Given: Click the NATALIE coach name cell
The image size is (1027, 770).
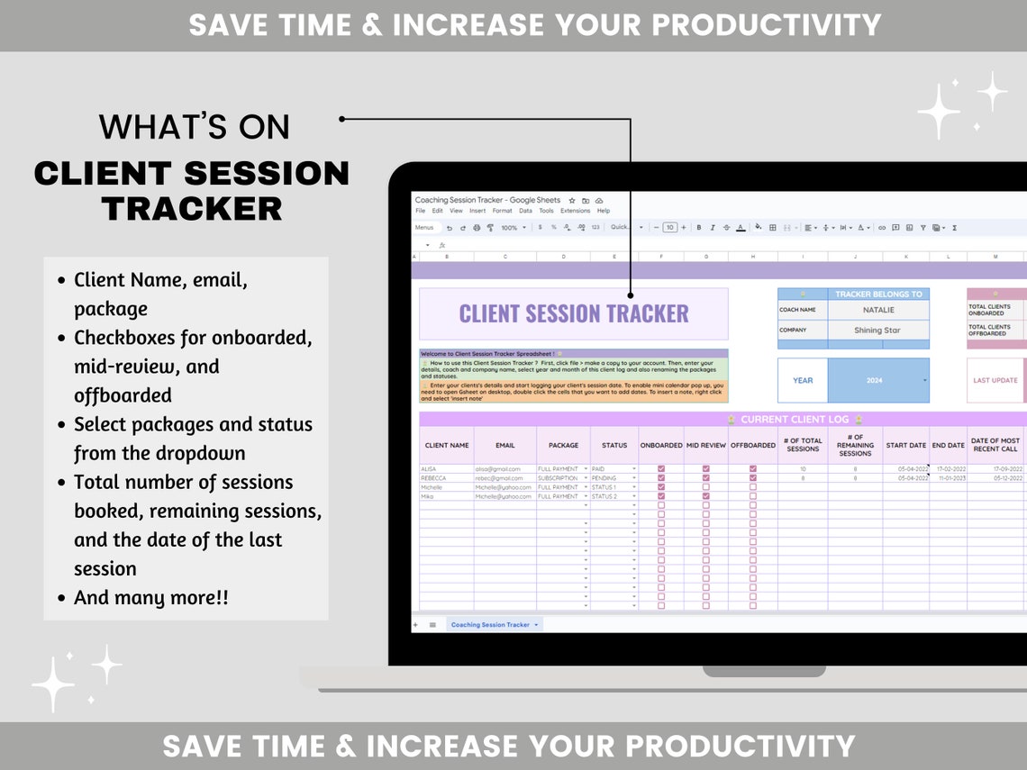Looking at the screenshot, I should [x=877, y=310].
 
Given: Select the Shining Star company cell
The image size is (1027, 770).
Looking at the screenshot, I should [x=877, y=331].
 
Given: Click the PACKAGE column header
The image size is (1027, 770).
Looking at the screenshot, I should [x=563, y=445].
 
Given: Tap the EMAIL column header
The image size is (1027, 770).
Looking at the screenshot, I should [x=504, y=445].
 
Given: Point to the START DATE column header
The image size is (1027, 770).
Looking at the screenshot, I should [x=905, y=445].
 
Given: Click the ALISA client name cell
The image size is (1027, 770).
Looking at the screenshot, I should [x=446, y=469].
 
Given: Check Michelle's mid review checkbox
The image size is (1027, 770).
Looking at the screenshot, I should [x=705, y=487].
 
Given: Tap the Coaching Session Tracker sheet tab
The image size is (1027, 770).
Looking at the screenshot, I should [x=490, y=624].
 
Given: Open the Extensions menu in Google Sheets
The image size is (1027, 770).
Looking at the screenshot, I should [x=575, y=211].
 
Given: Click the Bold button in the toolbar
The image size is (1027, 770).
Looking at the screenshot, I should [x=698, y=228].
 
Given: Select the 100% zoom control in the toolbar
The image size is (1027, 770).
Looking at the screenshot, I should [x=510, y=228].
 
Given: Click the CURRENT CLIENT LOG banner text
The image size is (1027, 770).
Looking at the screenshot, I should [x=795, y=420].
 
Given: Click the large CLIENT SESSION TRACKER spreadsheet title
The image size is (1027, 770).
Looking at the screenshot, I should [x=573, y=313].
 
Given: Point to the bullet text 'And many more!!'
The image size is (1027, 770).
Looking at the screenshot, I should [x=151, y=597].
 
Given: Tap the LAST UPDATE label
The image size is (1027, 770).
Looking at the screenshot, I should [x=995, y=380].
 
